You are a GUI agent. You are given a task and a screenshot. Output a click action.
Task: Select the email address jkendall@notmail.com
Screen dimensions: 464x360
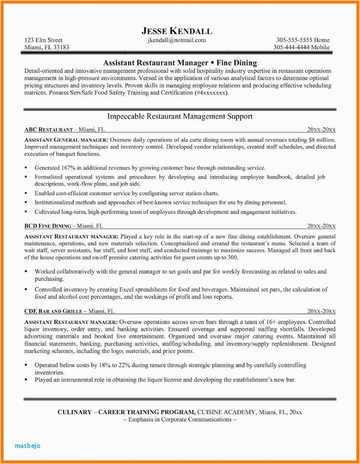[x=177, y=40]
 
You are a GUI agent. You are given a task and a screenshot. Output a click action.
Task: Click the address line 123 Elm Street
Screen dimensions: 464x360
[x=44, y=40]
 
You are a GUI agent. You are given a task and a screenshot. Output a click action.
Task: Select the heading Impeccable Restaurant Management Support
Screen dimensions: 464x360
[x=180, y=116]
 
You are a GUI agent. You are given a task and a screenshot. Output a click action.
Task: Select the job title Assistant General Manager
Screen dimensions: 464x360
[x=66, y=139]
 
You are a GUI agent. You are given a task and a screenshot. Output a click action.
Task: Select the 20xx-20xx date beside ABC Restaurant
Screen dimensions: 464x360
[x=321, y=130]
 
